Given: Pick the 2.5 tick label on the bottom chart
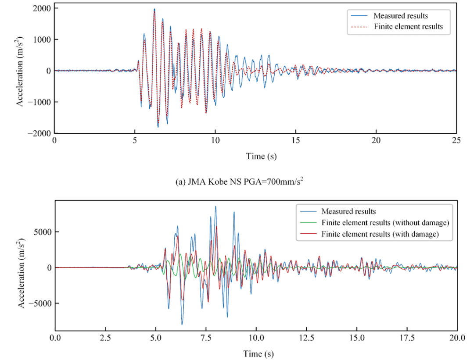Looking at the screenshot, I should coord(105,338).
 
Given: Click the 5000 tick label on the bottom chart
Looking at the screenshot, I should coord(42,232).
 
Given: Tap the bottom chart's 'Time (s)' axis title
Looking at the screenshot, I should coord(256,354).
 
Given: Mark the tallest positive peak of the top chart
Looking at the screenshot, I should coord(154,9).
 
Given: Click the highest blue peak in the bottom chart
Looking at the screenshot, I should coord(215,207).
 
